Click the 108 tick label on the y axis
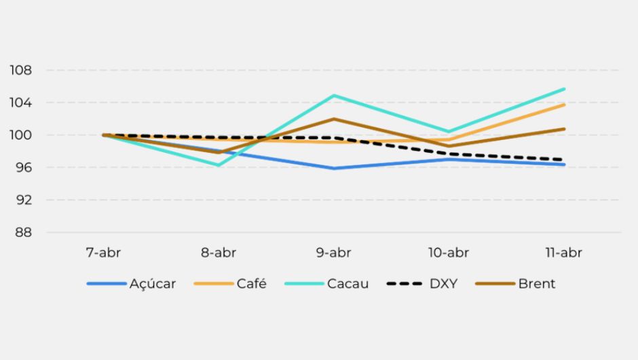click(20, 70)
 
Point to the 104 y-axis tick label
click(20, 103)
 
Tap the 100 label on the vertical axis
click(20, 135)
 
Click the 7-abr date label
click(103, 253)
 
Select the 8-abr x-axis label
click(219, 253)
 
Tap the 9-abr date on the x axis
click(333, 253)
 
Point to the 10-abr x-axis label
click(448, 253)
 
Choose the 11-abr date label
click(563, 253)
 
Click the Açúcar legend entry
click(152, 284)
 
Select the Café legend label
click(251, 284)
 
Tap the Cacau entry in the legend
click(348, 284)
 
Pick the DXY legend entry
click(443, 284)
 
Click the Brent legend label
click(536, 284)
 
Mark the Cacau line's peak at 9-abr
click(333, 96)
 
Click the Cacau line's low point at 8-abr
click(219, 165)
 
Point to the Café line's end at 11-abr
click(563, 105)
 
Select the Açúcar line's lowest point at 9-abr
click(333, 168)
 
